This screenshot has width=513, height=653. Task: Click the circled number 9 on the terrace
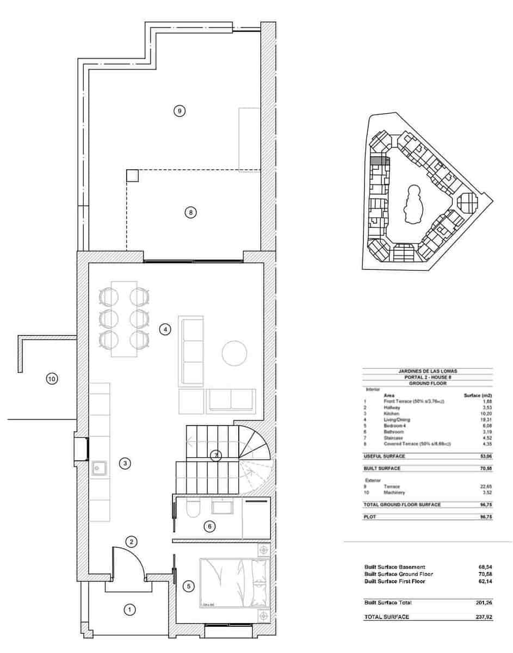coord(180,111)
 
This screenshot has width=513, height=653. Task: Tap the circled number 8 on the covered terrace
coord(190,212)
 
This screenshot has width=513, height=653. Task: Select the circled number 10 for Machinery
coord(52,379)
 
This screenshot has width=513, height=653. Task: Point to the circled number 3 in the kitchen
coord(125,464)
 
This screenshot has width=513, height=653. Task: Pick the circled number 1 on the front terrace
coord(129,609)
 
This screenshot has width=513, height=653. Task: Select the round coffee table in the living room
coord(236,353)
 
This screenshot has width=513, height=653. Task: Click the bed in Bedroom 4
coord(234,582)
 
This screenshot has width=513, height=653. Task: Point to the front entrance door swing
coord(128,560)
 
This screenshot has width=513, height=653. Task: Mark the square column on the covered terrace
coord(132,176)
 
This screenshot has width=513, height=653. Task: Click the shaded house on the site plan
coord(379,161)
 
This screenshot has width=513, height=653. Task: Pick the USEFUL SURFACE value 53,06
coord(485,456)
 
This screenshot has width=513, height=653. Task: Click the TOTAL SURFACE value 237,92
coord(483,617)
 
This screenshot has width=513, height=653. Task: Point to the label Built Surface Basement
coord(394,567)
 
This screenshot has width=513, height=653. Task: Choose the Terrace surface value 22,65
coord(485,486)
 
